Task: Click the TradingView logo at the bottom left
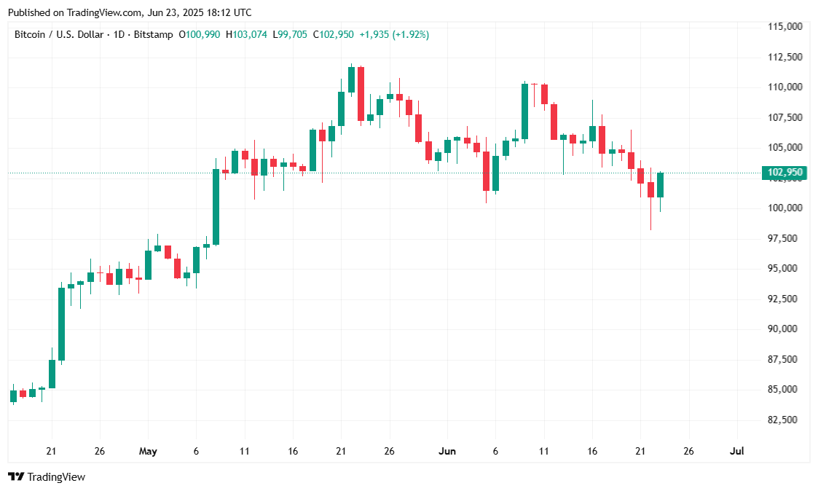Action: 47,476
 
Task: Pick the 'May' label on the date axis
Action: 148,451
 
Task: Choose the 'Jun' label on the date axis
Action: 447,451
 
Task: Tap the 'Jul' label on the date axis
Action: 736,451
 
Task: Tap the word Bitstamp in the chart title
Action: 154,34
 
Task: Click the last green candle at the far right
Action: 660,185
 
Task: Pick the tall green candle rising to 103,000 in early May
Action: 216,207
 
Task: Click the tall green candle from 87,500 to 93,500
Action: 61,323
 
